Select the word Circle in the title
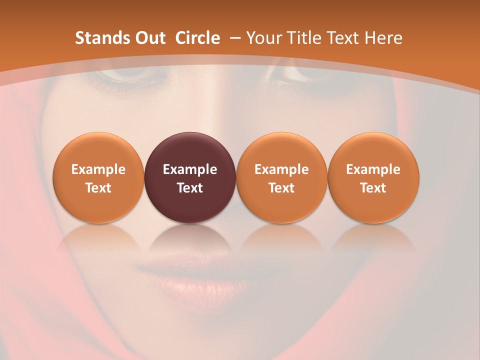(x=197, y=38)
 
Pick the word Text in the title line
(x=344, y=38)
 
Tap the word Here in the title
(x=383, y=38)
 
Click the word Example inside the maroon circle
(x=190, y=169)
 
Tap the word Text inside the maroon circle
(x=190, y=188)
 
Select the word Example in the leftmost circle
(x=98, y=169)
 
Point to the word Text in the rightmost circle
(x=373, y=188)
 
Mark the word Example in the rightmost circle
(x=373, y=169)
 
